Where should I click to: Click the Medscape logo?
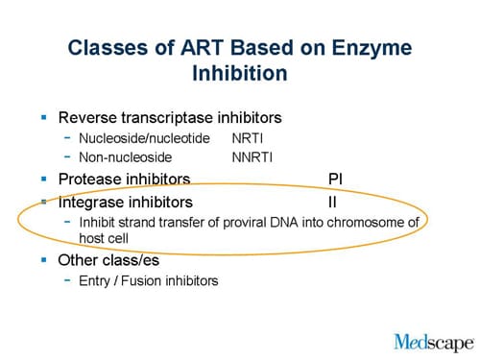[433, 341]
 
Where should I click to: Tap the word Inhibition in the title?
[239, 74]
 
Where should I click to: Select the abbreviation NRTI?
[247, 139]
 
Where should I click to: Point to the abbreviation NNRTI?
[252, 157]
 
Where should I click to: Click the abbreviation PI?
[335, 179]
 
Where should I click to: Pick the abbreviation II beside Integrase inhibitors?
[332, 203]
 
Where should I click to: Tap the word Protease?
[90, 179]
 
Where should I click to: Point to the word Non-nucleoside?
[125, 157]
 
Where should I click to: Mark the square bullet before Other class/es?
[43, 259]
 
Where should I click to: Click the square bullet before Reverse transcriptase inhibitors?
[43, 118]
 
